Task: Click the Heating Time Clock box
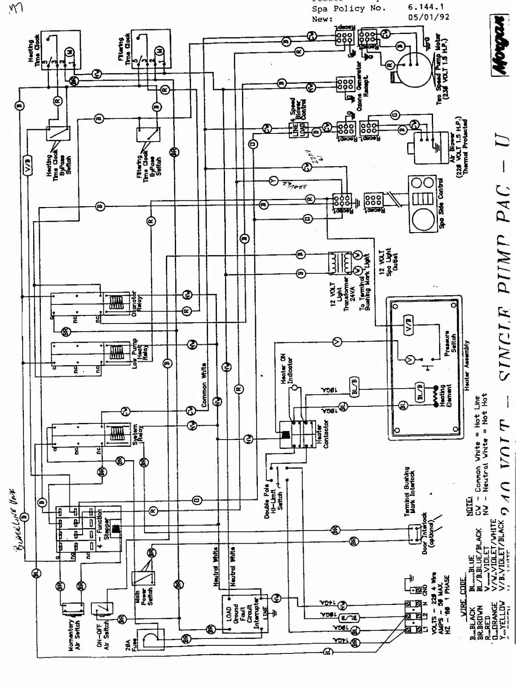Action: [60, 51]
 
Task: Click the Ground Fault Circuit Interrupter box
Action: [245, 614]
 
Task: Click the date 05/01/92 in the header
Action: [428, 17]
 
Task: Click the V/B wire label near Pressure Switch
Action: [408, 320]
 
